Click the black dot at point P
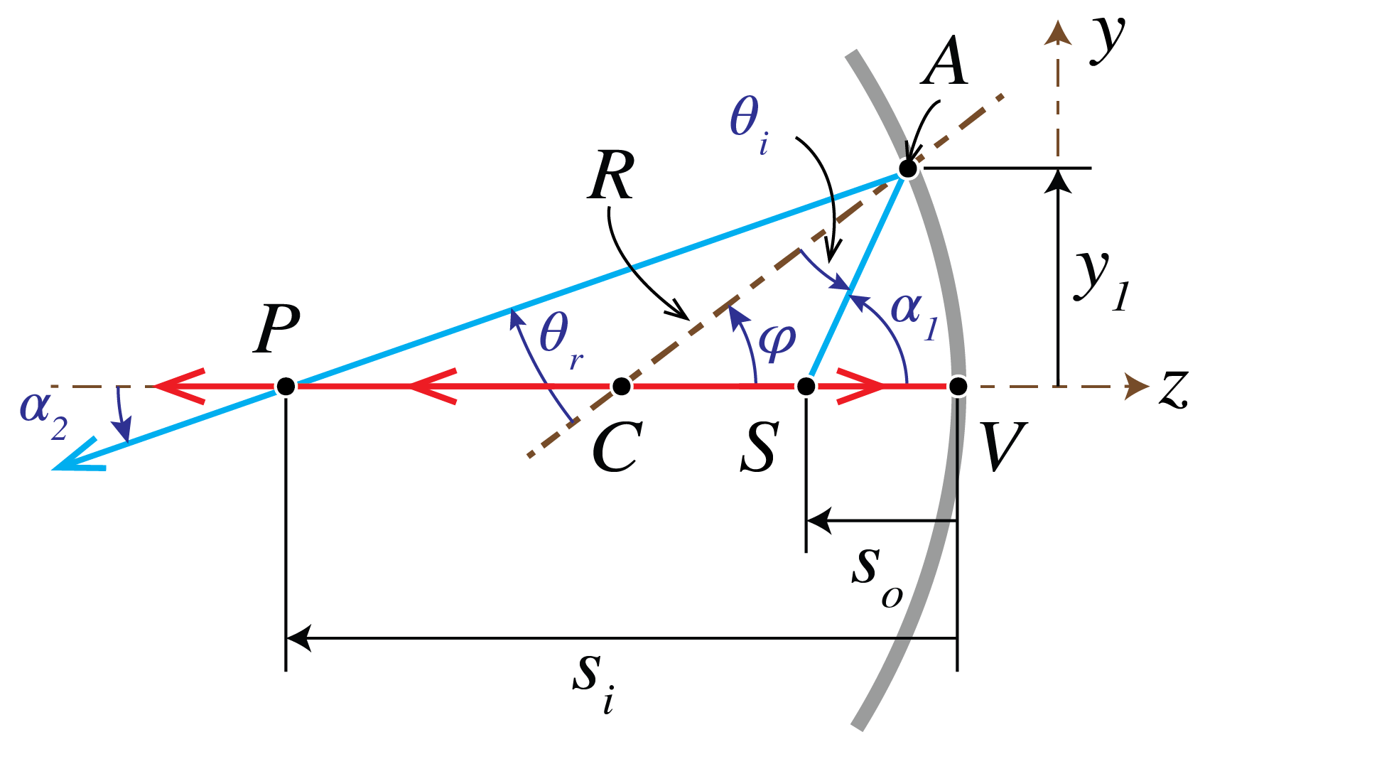[286, 386]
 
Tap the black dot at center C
[622, 386]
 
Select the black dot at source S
[806, 386]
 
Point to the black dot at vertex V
[958, 386]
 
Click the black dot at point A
[907, 169]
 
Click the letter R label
[611, 176]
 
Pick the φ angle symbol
[777, 341]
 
